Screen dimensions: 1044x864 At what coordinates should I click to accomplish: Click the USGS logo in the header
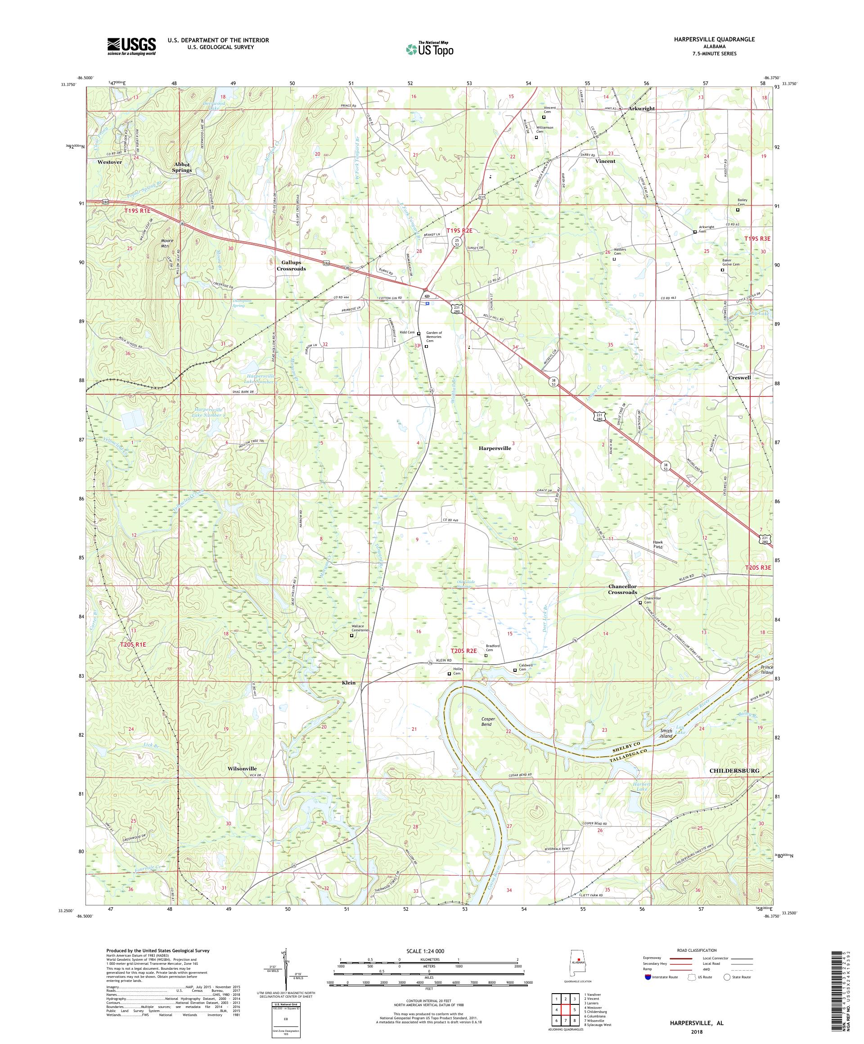(x=131, y=46)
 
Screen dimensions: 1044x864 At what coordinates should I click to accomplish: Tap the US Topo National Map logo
(x=430, y=48)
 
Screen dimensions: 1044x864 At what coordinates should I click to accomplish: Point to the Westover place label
(x=110, y=162)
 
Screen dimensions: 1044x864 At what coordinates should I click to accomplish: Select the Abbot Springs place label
(x=181, y=167)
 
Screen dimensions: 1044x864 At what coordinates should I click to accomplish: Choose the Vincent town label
(x=605, y=161)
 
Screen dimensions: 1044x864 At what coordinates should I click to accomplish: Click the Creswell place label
(x=739, y=378)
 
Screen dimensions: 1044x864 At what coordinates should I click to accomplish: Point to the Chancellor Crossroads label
(x=622, y=589)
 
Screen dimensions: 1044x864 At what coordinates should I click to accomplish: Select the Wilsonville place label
(x=242, y=768)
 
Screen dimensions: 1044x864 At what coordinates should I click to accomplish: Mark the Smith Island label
(x=666, y=733)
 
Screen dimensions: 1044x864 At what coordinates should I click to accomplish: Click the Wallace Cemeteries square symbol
(x=351, y=635)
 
